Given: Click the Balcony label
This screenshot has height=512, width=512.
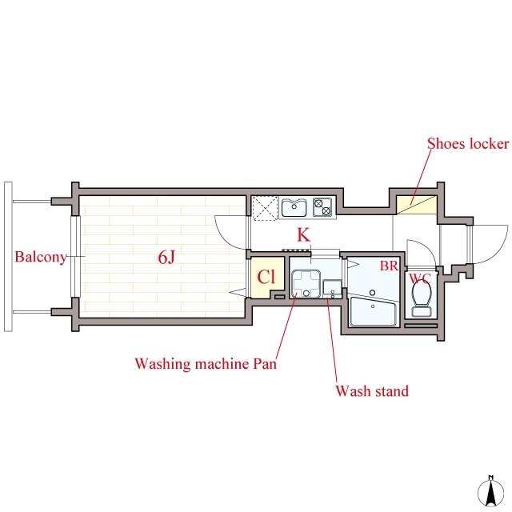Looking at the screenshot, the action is click(x=41, y=258).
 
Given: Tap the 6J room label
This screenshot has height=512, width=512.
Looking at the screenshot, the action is click(x=166, y=258).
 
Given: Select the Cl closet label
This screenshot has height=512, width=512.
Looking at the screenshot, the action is click(x=266, y=277).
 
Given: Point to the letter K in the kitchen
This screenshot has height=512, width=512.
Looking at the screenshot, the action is click(x=303, y=234).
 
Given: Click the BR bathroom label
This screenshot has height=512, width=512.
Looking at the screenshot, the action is click(x=390, y=266).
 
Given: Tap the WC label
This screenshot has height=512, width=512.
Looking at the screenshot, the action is click(x=420, y=278).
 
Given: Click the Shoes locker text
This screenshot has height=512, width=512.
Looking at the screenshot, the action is click(x=468, y=143).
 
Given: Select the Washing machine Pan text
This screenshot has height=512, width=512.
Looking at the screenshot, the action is click(x=206, y=363).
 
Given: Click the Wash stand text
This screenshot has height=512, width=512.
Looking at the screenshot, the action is click(x=372, y=391).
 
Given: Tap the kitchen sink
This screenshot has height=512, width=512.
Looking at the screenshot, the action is click(x=294, y=207).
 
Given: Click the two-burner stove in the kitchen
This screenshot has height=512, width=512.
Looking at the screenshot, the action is click(x=322, y=207).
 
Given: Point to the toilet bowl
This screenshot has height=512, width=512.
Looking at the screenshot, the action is click(x=422, y=298).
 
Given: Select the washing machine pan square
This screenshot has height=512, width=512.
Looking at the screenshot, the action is click(x=306, y=283).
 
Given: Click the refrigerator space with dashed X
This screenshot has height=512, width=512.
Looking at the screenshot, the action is click(x=265, y=208).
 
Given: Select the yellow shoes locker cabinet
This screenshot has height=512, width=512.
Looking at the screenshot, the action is click(x=417, y=205).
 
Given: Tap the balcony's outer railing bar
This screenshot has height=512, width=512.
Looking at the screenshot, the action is click(x=8, y=257).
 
